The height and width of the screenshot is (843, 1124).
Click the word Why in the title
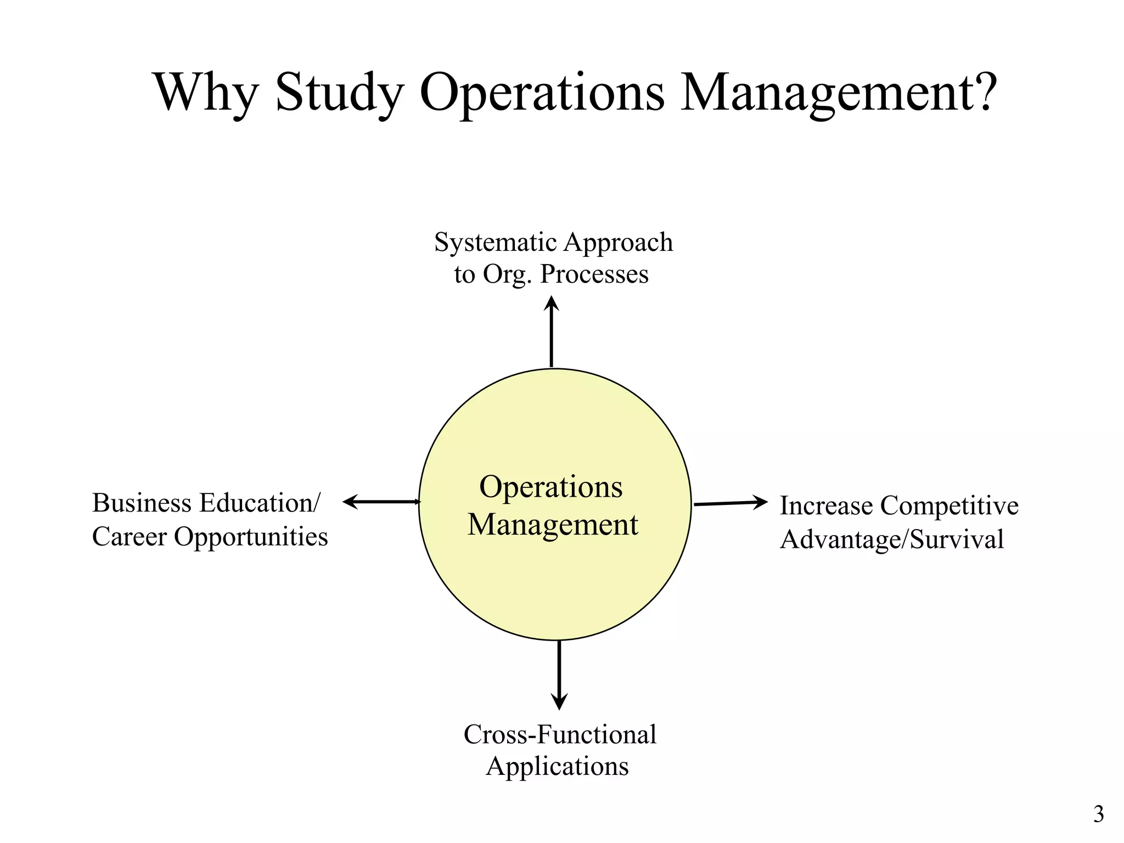point(206,92)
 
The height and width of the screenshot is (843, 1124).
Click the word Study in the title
point(339,92)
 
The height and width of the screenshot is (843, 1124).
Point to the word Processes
point(594,274)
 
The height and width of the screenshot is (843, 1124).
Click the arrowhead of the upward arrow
point(552,304)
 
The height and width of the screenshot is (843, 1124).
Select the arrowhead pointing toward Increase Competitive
point(760,502)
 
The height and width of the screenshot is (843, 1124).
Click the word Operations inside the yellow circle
point(551,487)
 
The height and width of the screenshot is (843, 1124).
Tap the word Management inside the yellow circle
point(553,525)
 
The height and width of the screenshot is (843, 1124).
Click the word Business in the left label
point(141,503)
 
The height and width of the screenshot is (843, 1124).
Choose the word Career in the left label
point(129,537)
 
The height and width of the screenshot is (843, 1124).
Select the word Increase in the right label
point(826,505)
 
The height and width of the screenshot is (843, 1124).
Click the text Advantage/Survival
point(892,539)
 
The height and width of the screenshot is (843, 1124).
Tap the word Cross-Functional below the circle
point(560,734)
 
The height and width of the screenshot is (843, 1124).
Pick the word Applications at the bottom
point(557,766)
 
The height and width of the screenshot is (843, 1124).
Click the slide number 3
point(1098,814)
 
